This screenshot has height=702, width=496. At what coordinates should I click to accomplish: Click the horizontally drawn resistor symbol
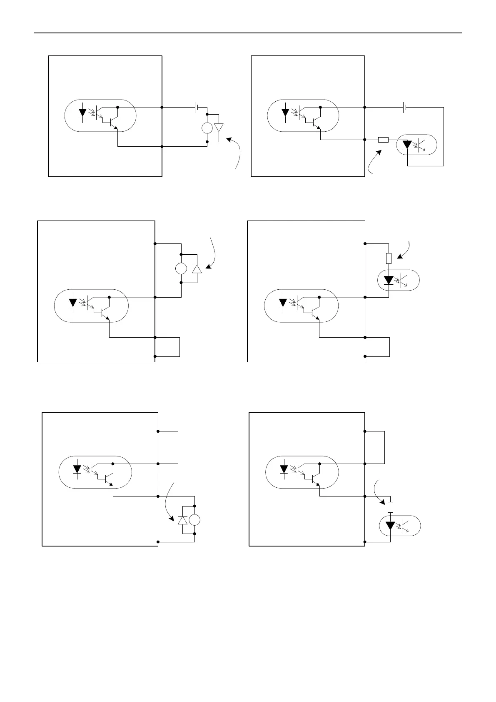click(x=383, y=140)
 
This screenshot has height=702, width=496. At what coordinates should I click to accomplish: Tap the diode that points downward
click(x=219, y=128)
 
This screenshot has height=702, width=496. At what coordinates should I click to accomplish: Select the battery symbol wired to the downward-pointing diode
click(x=196, y=108)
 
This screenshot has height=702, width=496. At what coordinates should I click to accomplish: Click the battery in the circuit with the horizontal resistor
click(x=404, y=108)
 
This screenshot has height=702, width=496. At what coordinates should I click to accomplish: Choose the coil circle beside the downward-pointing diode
click(x=207, y=128)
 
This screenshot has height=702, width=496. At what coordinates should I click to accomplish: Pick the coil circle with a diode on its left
click(x=194, y=520)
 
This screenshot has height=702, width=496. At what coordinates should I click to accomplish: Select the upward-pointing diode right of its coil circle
click(x=197, y=269)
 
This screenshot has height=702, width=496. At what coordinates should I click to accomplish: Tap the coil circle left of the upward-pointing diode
click(x=181, y=269)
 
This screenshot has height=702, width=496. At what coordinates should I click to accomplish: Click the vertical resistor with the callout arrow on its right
click(x=389, y=258)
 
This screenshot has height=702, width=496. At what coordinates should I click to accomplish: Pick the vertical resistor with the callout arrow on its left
click(x=390, y=507)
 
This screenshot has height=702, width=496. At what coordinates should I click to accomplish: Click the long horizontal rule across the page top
click(x=248, y=33)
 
